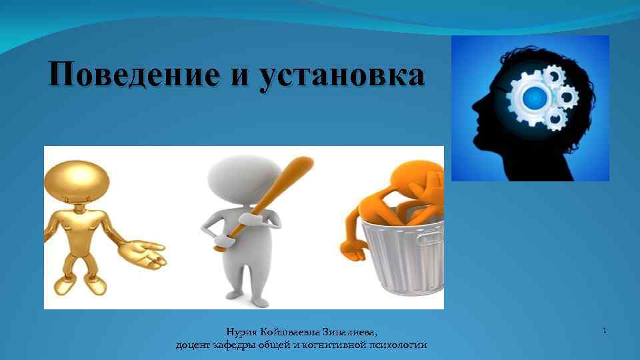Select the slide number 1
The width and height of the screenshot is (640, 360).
(604, 331)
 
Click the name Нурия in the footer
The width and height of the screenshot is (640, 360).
(242, 331)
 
